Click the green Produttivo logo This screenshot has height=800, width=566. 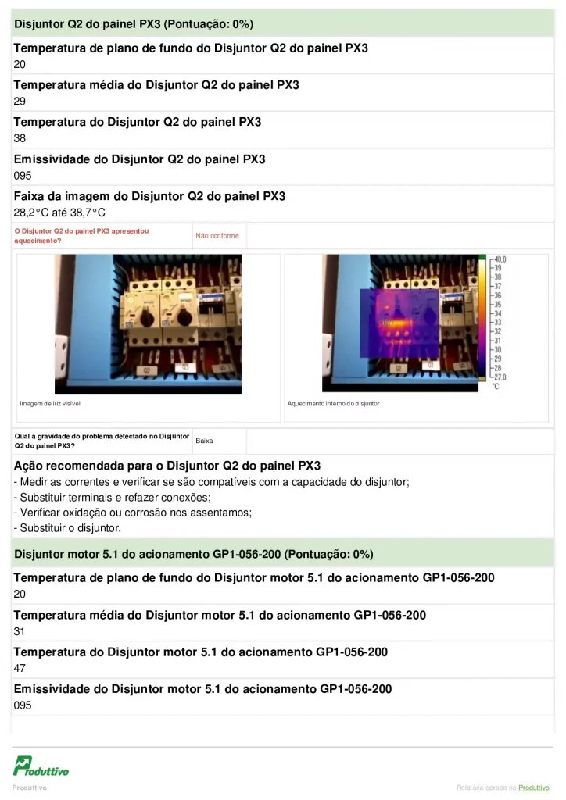41,766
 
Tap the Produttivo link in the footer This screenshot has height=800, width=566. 534,787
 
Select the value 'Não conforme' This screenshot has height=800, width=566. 217,235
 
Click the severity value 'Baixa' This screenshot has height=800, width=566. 204,441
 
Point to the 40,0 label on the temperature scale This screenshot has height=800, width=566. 500,259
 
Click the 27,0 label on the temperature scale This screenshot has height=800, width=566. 500,377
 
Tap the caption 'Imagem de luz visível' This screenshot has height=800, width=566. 50,403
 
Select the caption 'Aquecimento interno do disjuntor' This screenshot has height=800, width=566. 333,403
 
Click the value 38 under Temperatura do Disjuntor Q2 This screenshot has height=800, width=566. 20,138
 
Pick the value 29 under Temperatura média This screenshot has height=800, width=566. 20,102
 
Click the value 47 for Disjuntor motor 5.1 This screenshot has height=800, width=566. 20,668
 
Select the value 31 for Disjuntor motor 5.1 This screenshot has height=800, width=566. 20,631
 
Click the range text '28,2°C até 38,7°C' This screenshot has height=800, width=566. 59,212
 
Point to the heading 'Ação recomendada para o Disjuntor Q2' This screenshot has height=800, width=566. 167,466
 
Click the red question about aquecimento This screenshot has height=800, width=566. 81,235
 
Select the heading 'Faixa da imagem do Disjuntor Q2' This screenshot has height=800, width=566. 149,196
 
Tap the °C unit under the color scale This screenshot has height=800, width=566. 495,386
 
